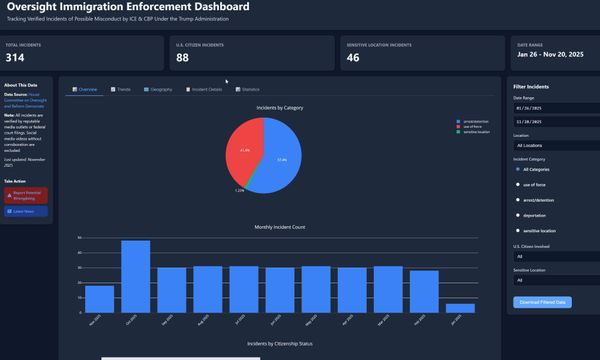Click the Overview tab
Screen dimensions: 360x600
coord(84,89)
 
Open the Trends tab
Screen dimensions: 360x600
coord(121,89)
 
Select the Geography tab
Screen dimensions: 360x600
coord(159,89)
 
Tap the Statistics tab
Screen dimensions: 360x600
coord(247,89)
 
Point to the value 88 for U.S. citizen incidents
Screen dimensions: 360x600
coord(182,58)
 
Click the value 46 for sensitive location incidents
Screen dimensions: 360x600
coord(353,58)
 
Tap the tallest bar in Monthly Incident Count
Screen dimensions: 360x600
coord(136,276)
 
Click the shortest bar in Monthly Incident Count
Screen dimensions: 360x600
coord(460,308)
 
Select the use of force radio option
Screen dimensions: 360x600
coord(517,184)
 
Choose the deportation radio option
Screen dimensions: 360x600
coord(517,214)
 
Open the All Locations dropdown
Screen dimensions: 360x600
coord(556,146)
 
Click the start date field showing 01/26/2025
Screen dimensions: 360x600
coord(556,109)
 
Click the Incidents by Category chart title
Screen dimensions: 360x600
coord(279,107)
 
